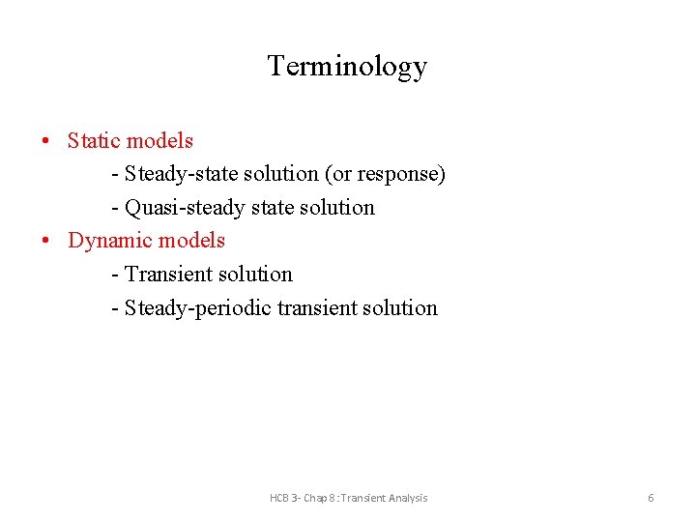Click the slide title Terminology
click(x=347, y=66)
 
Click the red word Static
click(x=94, y=141)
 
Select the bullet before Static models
click(x=46, y=142)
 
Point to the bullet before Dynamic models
click(x=46, y=242)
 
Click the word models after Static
click(x=160, y=141)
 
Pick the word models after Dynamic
click(x=192, y=241)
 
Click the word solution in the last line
click(x=401, y=308)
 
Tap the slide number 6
click(x=651, y=498)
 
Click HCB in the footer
click(x=280, y=498)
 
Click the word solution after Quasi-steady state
click(x=337, y=208)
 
